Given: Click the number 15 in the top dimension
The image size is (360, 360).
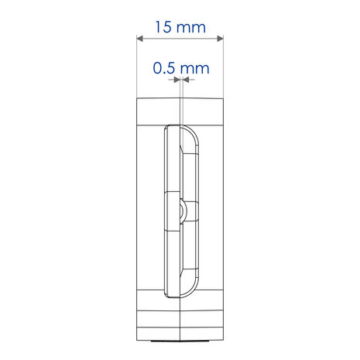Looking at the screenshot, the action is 163,27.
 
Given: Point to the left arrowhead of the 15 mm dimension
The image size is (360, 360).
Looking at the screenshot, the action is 139,39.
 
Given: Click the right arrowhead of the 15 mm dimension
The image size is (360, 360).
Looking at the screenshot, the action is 220,39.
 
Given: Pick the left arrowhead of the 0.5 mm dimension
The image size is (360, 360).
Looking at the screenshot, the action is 177,80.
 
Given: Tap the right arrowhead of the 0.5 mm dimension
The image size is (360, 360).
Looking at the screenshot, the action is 186,80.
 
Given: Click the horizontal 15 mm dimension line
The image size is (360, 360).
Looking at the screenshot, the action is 180,39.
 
